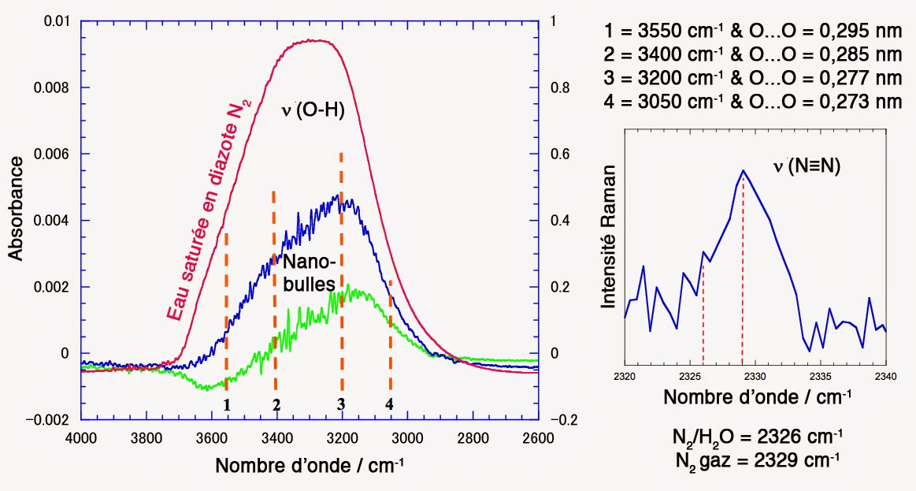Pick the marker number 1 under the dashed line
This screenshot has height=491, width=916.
pyautogui.click(x=226, y=405)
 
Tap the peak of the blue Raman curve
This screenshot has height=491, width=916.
pyautogui.click(x=743, y=170)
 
